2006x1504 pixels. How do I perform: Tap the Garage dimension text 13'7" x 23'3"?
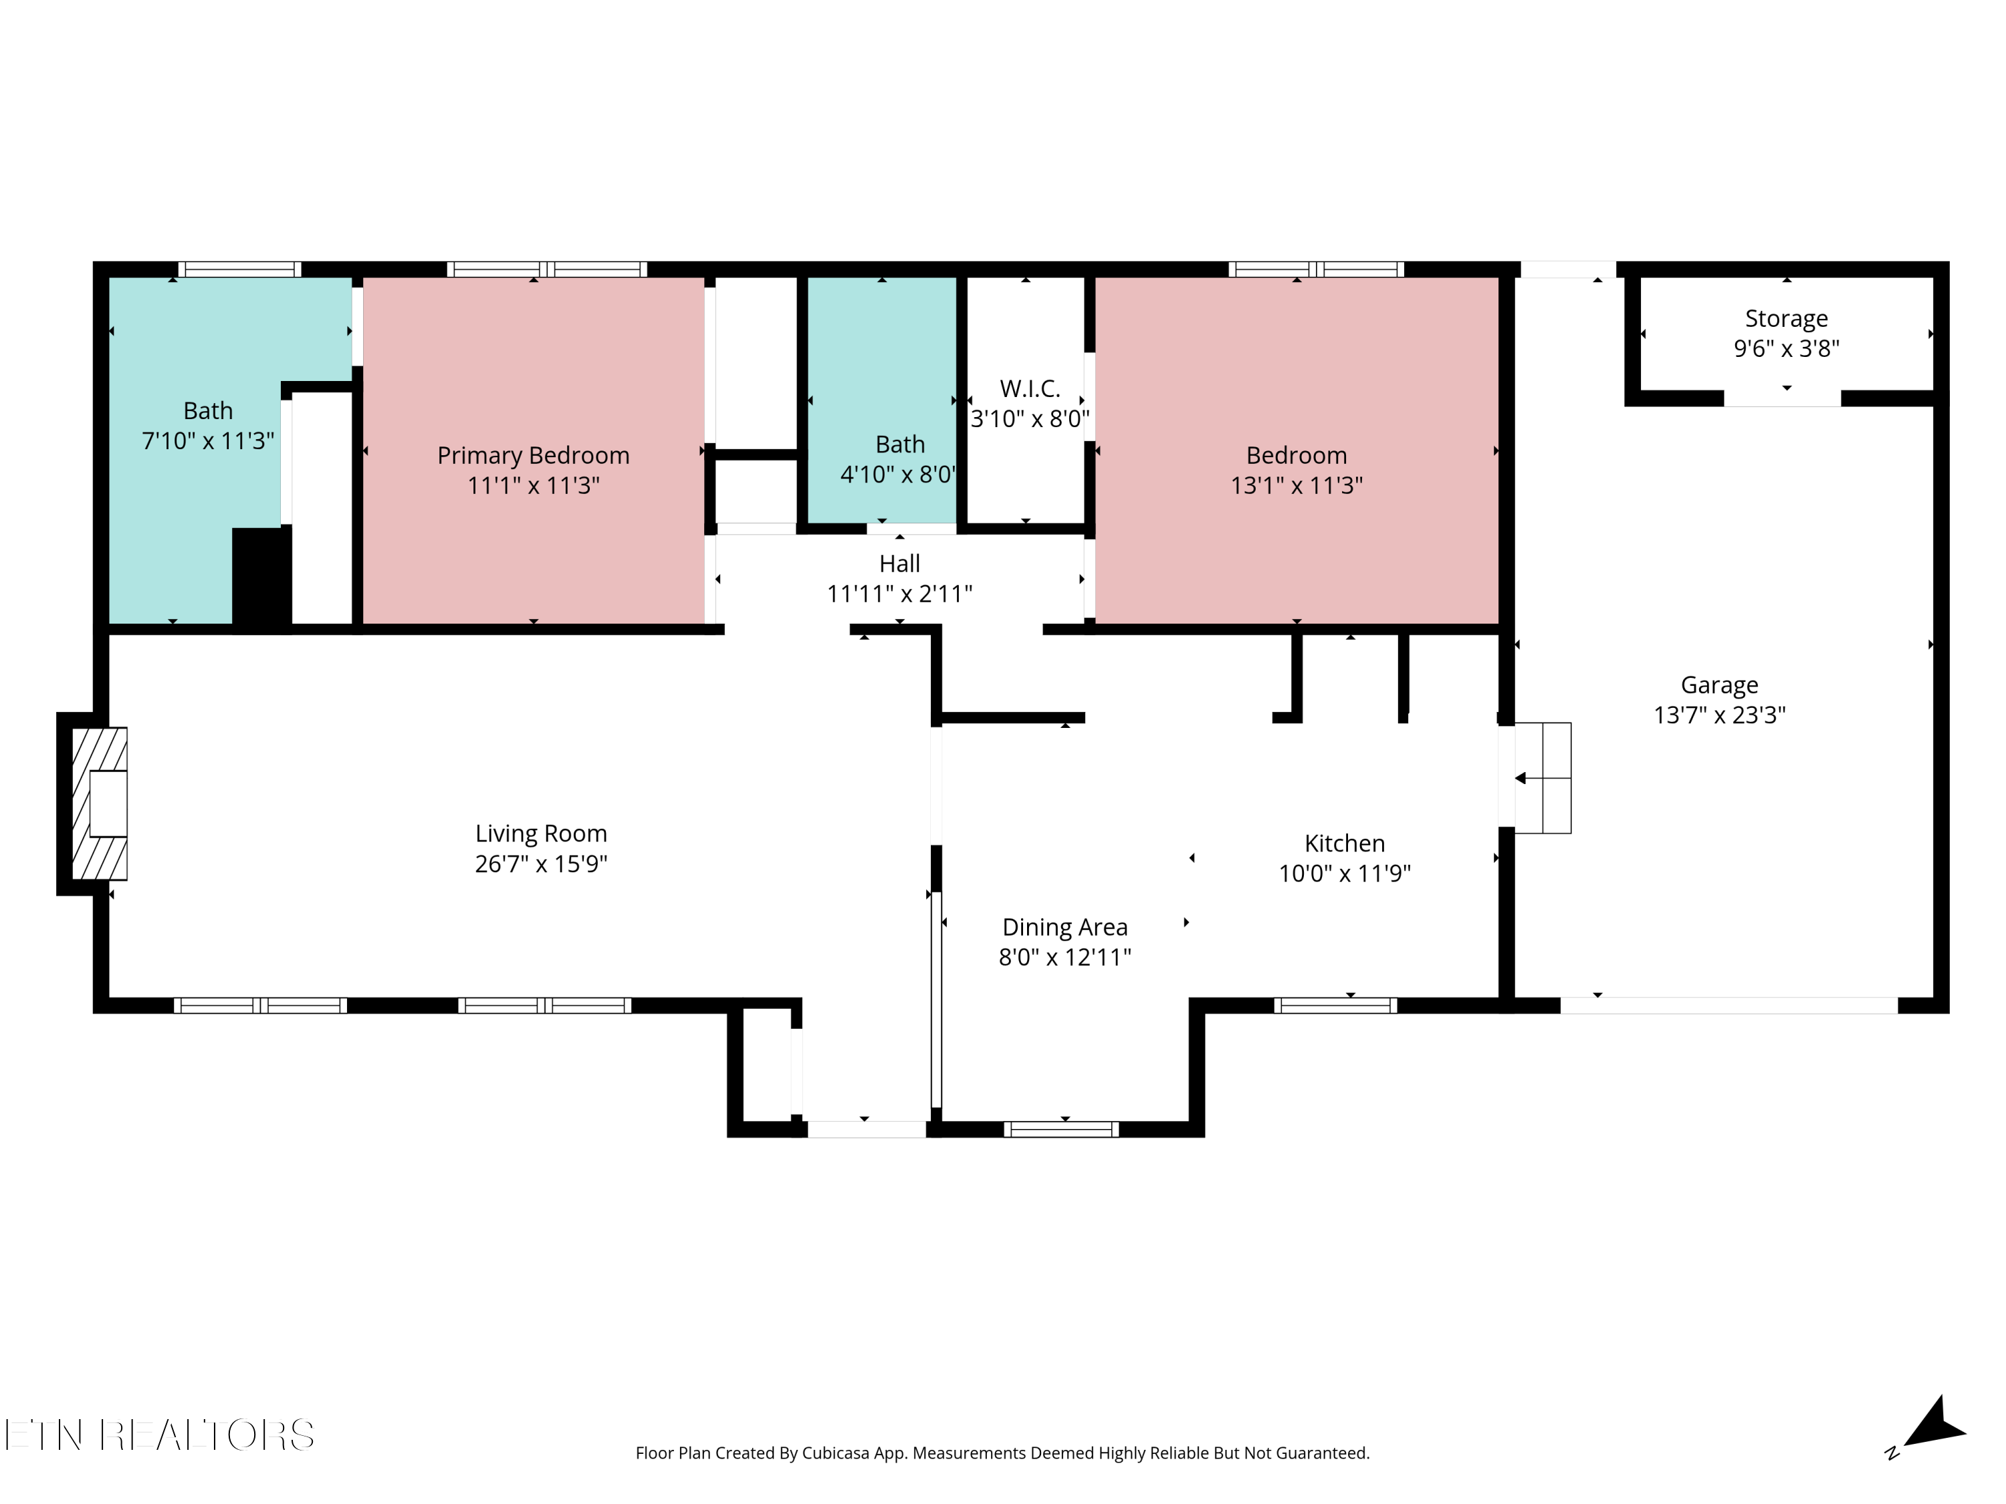point(1719,715)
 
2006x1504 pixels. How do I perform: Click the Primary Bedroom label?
point(533,455)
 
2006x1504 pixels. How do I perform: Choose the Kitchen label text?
point(1345,843)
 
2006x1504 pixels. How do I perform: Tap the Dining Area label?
point(1065,927)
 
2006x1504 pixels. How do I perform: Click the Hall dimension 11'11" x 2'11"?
point(899,594)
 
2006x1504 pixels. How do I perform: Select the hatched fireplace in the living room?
point(100,803)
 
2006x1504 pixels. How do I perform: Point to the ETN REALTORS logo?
point(160,1435)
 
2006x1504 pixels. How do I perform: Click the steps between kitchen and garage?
point(1543,778)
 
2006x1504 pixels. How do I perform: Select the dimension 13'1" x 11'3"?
point(1297,485)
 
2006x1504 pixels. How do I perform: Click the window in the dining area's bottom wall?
point(1061,1129)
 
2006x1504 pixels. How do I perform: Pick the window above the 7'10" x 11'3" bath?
point(239,269)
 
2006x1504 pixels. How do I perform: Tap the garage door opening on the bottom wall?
point(1729,1005)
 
